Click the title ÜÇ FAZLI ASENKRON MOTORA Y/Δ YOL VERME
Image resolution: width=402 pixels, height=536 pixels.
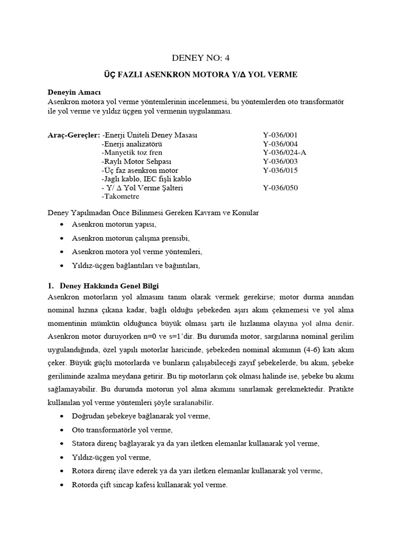tap(200, 75)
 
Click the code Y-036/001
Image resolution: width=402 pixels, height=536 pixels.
tap(280, 135)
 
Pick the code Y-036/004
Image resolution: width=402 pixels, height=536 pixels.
tap(280, 144)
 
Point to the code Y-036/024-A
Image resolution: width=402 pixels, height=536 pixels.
tap(284, 153)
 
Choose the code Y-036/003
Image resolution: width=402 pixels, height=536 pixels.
tap(280, 162)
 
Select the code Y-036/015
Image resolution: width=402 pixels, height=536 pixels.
tap(280, 171)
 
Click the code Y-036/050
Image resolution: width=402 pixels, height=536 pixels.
tap(280, 188)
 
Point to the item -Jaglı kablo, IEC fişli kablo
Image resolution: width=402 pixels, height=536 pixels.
tap(142, 180)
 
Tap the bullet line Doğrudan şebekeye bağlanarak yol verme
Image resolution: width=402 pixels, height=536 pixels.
tap(141, 416)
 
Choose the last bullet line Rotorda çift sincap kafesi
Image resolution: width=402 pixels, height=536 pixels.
tap(149, 485)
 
